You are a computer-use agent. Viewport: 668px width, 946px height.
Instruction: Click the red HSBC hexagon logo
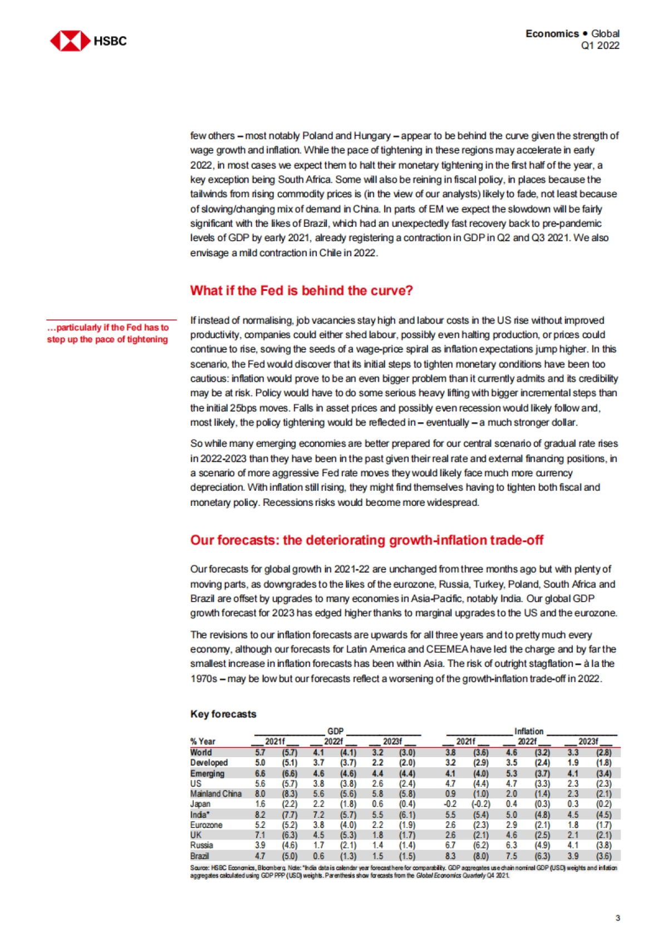[x=70, y=41]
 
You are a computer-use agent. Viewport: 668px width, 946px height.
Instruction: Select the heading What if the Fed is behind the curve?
[x=301, y=290]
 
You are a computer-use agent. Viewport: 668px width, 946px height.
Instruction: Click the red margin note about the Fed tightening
[x=107, y=333]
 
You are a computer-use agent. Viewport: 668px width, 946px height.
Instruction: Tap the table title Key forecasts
[x=223, y=714]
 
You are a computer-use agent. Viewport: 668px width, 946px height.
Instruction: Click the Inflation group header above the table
[x=528, y=731]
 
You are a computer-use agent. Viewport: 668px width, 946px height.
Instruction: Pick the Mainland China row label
[x=215, y=793]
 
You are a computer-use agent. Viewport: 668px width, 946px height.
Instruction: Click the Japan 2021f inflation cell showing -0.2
[x=450, y=804]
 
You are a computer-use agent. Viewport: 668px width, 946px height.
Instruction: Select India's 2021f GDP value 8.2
[x=260, y=815]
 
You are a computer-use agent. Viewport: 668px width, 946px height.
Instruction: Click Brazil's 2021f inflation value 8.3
[x=450, y=856]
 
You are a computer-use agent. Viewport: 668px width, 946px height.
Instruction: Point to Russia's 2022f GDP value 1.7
[x=318, y=845]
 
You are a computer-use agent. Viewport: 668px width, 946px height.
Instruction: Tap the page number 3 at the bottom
[x=617, y=918]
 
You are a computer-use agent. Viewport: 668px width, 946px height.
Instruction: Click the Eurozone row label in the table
[x=206, y=825]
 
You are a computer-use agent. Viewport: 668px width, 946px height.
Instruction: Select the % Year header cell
[x=203, y=742]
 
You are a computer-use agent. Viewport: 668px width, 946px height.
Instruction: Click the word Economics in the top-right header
[x=552, y=33]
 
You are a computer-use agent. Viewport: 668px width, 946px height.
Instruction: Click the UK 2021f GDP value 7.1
[x=260, y=835]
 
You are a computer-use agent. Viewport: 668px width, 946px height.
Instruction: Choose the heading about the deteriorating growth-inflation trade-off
[x=366, y=540]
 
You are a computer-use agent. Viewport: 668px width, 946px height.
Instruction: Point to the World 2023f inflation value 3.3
[x=573, y=752]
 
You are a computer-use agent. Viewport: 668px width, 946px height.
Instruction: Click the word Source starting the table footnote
[x=198, y=868]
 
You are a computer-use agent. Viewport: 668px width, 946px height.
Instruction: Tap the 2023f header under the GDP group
[x=392, y=742]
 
